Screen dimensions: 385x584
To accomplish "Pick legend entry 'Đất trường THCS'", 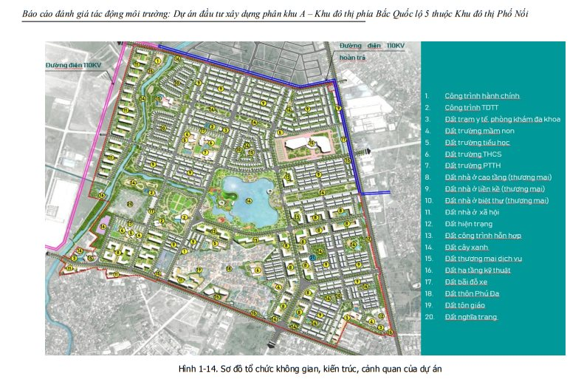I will (473, 154).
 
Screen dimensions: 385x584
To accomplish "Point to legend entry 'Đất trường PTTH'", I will (473, 166).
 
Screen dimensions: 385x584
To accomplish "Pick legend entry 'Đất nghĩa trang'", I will (470, 317).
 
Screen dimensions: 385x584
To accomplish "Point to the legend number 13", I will (427, 235).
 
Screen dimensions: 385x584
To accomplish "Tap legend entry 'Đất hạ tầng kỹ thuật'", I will (478, 270).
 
